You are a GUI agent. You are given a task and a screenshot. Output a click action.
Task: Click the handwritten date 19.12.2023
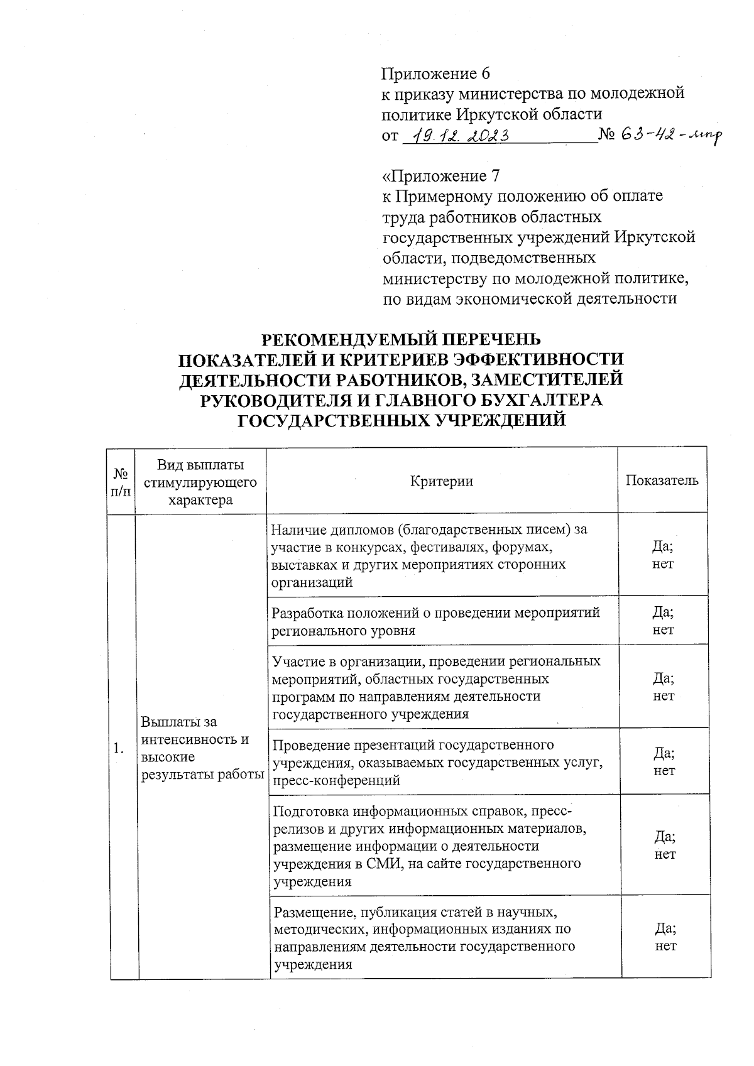point(456,135)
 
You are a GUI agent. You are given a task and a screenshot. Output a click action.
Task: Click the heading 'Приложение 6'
point(435,74)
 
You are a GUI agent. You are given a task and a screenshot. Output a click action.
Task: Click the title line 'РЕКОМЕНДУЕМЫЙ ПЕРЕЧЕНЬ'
point(401,339)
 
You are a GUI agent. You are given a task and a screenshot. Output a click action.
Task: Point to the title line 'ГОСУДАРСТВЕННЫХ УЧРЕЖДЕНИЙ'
point(401,420)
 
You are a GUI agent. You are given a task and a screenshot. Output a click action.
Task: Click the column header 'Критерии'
point(441,481)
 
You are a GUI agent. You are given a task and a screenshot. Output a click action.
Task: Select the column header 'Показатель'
point(662,481)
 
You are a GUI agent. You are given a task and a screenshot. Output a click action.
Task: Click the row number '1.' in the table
point(119,748)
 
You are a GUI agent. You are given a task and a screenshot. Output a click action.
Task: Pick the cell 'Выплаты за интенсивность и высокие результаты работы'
point(201,748)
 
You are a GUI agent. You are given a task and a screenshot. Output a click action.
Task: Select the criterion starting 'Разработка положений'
point(436,621)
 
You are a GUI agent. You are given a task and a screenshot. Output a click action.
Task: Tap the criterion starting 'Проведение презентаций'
point(437,762)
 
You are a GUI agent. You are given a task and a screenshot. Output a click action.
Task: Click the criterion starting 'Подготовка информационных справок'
point(431,846)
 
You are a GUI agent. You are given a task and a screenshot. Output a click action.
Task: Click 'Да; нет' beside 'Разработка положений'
point(663,621)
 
